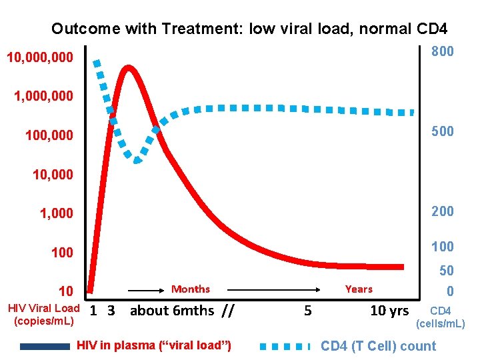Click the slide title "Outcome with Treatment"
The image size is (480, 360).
pos(249,29)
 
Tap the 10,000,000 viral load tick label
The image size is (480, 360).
pos(39,59)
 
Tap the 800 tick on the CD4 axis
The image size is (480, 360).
pos(442,52)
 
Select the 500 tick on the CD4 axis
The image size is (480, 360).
pos(442,131)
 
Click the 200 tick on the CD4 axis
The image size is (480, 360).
pos(442,211)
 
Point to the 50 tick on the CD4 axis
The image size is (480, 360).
pos(446,271)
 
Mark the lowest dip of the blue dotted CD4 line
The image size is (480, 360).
pos(137,160)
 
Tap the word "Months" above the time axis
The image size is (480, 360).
pos(190,289)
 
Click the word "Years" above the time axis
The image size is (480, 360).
pos(359,289)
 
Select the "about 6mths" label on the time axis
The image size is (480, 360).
pos(172,311)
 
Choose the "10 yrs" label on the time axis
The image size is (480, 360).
pos(389,311)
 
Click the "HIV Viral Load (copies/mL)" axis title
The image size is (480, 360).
pos(43,314)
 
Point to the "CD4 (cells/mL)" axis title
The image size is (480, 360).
pos(441,317)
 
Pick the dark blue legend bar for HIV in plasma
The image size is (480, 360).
pos(45,346)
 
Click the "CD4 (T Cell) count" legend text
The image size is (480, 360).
pos(378,346)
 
